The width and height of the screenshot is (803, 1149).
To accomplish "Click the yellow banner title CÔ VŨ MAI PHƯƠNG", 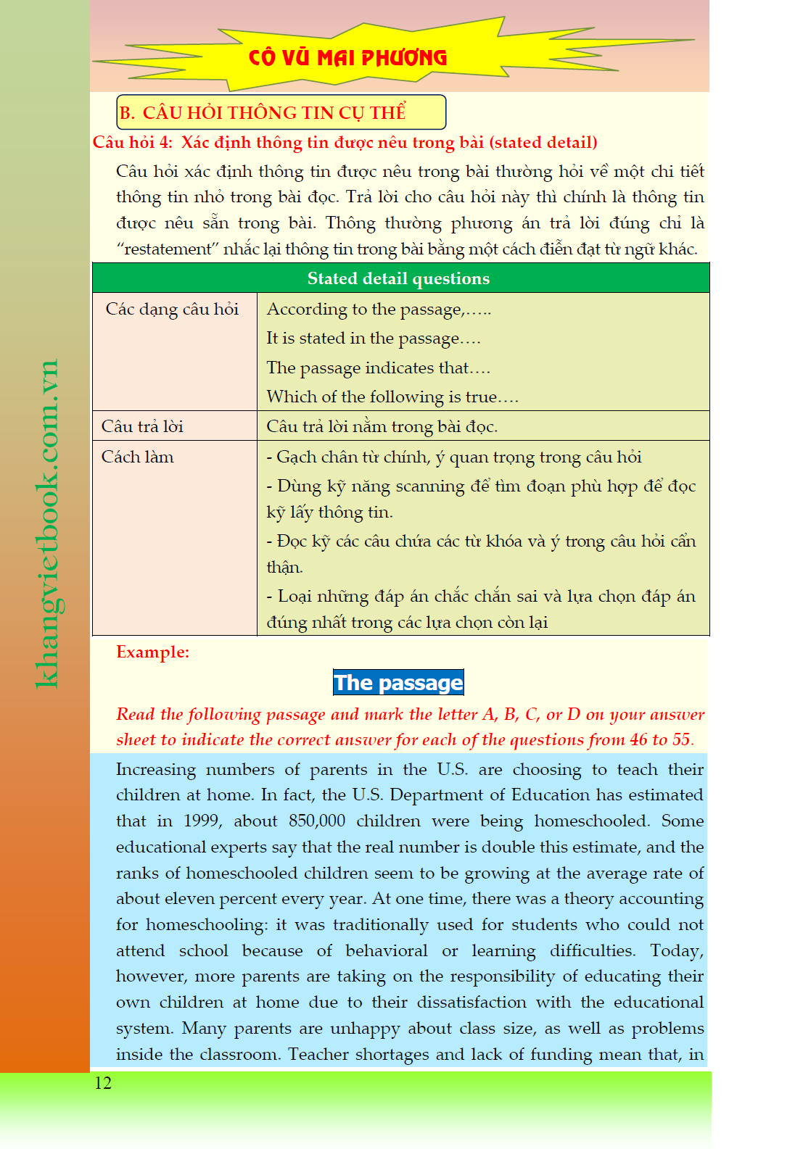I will pyautogui.click(x=347, y=57).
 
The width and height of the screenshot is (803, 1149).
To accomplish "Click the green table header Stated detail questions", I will pyautogui.click(x=398, y=278).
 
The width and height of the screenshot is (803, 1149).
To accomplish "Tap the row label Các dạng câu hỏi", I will pyautogui.click(x=172, y=310).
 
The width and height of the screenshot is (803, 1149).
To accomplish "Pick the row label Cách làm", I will pyautogui.click(x=138, y=457).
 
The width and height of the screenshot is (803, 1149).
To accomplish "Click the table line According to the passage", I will pyautogui.click(x=379, y=310).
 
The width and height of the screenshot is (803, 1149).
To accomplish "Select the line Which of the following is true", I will pyautogui.click(x=392, y=397).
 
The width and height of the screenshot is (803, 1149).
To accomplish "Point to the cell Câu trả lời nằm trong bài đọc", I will pyautogui.click(x=382, y=427).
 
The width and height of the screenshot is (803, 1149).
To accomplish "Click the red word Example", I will pyautogui.click(x=152, y=652).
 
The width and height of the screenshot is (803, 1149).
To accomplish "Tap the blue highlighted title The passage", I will pyautogui.click(x=398, y=683).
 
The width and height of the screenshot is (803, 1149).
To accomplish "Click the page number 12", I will pyautogui.click(x=103, y=1083).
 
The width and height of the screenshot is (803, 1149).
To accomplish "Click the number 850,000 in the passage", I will pyautogui.click(x=316, y=821).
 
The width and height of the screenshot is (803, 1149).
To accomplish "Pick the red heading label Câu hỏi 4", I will pyautogui.click(x=132, y=143).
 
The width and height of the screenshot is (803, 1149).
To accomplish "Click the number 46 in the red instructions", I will pyautogui.click(x=638, y=740).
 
